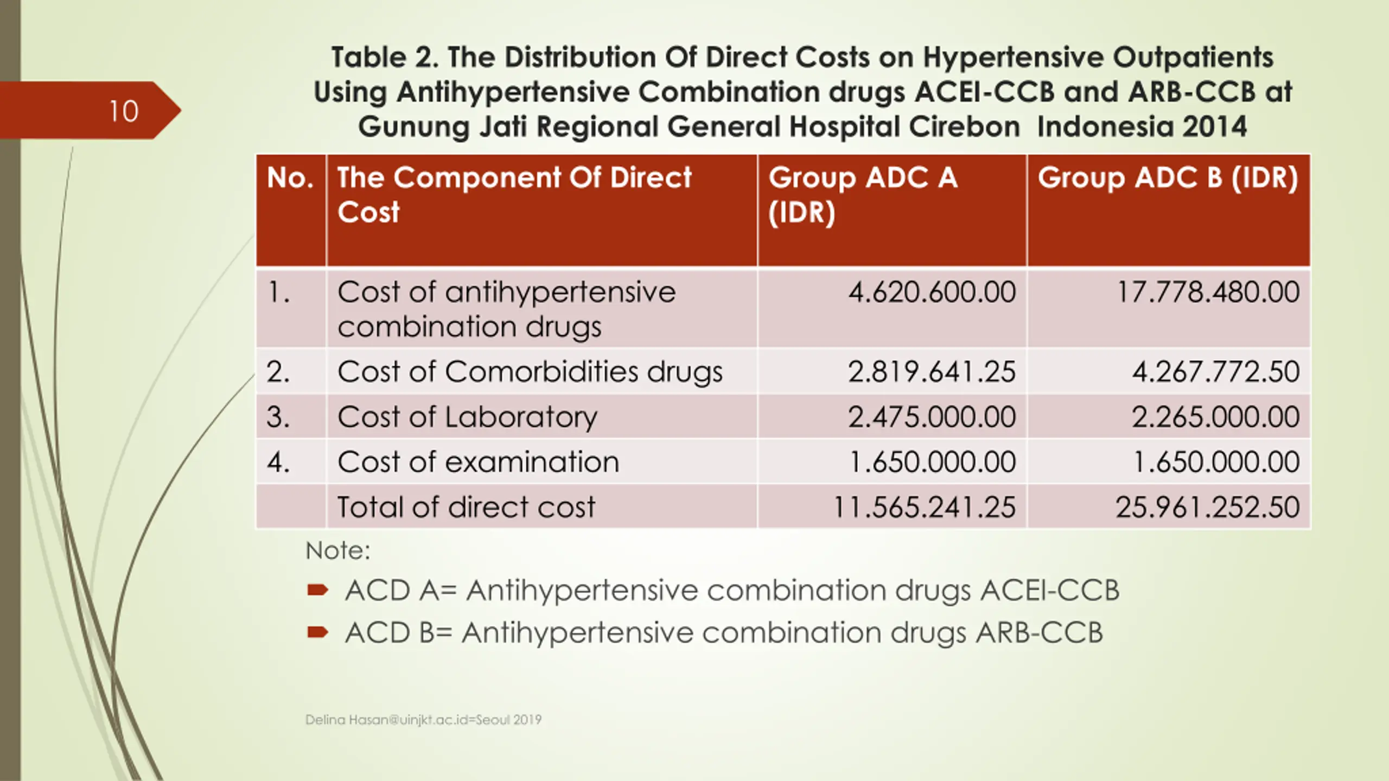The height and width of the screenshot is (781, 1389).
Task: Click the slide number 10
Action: [x=124, y=111]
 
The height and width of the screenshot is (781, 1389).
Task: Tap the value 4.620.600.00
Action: [x=932, y=292]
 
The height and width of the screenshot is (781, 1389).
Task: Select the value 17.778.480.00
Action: [x=1208, y=292]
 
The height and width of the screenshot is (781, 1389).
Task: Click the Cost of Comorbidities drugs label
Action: [x=530, y=372]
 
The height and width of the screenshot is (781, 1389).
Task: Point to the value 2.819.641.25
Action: [x=932, y=372]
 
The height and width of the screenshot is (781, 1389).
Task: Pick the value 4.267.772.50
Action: [x=1215, y=372]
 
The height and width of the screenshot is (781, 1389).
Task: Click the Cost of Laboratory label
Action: [x=467, y=417]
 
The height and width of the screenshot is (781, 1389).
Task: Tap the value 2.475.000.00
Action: [x=932, y=417]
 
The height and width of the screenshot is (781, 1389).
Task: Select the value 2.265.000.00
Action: [x=1215, y=417]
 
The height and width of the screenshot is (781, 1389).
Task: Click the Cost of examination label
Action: [x=478, y=462]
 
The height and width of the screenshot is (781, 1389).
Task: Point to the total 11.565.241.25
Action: [x=924, y=507]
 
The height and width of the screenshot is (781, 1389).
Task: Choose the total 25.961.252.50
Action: [x=1208, y=507]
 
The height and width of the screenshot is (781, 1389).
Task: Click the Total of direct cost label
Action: [x=466, y=507]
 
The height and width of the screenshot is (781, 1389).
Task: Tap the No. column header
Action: [x=290, y=178]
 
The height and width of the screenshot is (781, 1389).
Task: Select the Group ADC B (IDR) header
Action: [x=1168, y=178]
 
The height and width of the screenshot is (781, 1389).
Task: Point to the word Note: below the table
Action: [x=338, y=550]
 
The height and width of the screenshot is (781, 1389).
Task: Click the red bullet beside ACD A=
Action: [x=317, y=590]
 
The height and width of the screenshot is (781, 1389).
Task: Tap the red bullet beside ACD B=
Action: [x=317, y=632]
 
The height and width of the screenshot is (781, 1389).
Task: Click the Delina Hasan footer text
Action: [x=423, y=720]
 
